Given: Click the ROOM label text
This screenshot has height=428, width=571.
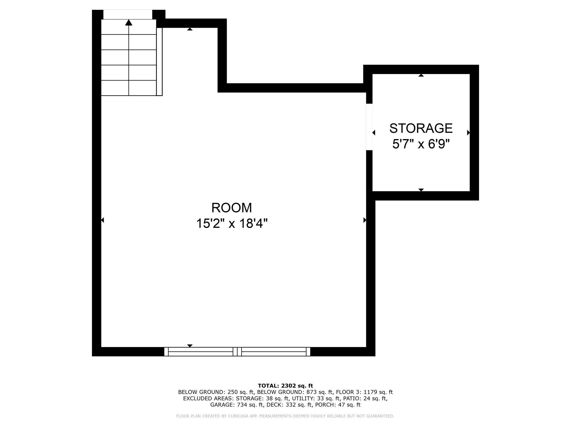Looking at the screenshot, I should pos(231,208).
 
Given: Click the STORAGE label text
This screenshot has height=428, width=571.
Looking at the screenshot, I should pos(421,128).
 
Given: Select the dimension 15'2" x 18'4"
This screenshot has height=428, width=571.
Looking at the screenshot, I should pos(231,224).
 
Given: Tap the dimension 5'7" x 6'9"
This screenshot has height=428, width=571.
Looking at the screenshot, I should pos(421,144).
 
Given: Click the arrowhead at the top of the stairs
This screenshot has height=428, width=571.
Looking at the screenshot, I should pos(128,22).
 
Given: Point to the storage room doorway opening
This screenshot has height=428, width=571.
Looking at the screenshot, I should pos(369,127).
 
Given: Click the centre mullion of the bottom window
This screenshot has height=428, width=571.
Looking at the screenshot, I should pos(237,351).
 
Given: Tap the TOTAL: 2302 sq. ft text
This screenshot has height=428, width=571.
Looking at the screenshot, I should pos(285,386).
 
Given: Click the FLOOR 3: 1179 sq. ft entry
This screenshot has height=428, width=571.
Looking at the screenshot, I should pos(364,392).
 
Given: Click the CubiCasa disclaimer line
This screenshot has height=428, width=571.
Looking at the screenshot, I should pos(285,416).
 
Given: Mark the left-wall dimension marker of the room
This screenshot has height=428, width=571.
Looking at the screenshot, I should pos(102,220).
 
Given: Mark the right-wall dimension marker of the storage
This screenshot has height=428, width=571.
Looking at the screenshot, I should pos(468,133).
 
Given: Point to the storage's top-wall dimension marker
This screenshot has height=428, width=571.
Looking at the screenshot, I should pos(421,75).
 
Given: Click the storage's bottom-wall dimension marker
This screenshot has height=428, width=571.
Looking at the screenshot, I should pos(421,190).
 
